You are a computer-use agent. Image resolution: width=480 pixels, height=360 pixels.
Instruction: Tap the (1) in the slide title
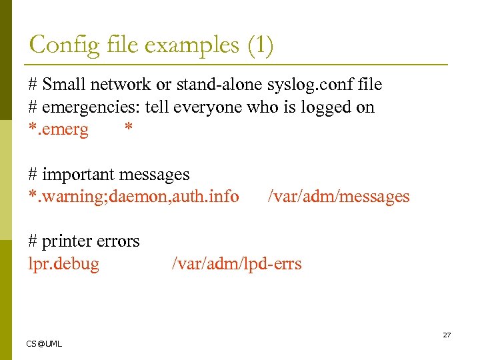259,45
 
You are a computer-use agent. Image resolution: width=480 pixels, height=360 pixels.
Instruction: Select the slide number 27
447,335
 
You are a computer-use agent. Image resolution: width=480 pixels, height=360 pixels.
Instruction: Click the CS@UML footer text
44,343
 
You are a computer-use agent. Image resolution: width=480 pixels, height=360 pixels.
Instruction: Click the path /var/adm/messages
338,197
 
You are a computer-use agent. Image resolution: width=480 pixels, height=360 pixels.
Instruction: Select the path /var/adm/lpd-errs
237,264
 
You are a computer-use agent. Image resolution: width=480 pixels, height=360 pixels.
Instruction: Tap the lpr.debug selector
63,264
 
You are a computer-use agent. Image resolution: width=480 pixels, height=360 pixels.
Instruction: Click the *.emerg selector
58,129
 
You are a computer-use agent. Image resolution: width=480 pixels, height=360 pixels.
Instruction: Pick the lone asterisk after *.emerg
129,128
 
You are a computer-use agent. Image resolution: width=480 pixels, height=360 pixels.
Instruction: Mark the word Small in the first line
62,85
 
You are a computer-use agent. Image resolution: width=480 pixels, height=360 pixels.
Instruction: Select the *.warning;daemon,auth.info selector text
133,197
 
